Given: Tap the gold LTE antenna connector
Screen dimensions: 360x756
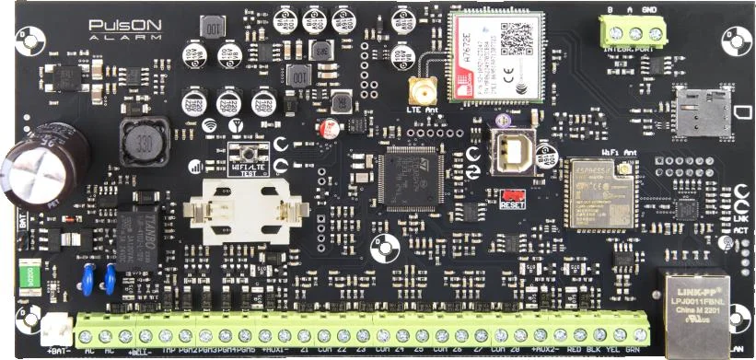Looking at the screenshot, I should [x=422, y=90].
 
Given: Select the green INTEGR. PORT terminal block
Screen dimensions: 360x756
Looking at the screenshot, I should [x=630, y=33].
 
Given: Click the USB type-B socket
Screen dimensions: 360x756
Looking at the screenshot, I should [x=514, y=150].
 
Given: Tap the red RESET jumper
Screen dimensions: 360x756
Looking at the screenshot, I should [x=513, y=196].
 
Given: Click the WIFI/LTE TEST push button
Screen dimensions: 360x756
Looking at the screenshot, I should [x=247, y=154].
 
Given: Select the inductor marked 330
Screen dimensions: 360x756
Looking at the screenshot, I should [x=141, y=144].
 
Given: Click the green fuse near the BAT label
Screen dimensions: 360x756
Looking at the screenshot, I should [x=28, y=275].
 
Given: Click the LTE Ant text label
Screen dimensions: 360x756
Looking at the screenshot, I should [x=423, y=110].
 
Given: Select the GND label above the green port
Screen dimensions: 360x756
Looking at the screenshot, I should [x=649, y=10].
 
